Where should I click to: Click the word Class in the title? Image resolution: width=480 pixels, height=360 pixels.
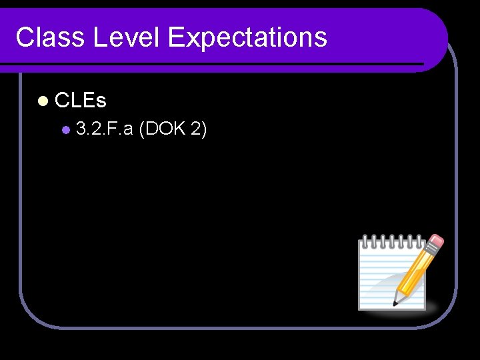pos(50,37)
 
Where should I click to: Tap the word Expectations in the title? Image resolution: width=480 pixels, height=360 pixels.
pos(247,37)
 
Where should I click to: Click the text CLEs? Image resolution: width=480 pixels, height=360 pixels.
pos(81,101)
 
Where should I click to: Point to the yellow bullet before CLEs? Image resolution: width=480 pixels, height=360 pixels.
pos(43,101)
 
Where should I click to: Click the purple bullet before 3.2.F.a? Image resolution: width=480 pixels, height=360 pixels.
pos(65,130)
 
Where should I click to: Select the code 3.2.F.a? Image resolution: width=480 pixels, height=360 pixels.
pos(104,129)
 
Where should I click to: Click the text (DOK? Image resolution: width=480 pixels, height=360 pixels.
pos(161,129)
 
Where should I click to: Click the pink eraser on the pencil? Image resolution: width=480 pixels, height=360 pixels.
pos(437,241)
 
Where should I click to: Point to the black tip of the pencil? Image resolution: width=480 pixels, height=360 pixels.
pos(395,303)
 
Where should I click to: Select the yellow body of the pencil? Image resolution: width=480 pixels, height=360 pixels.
pos(417,270)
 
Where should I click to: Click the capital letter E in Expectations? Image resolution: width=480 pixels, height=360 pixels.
pos(175,37)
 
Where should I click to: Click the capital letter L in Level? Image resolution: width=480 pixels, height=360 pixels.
pos(101,37)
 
